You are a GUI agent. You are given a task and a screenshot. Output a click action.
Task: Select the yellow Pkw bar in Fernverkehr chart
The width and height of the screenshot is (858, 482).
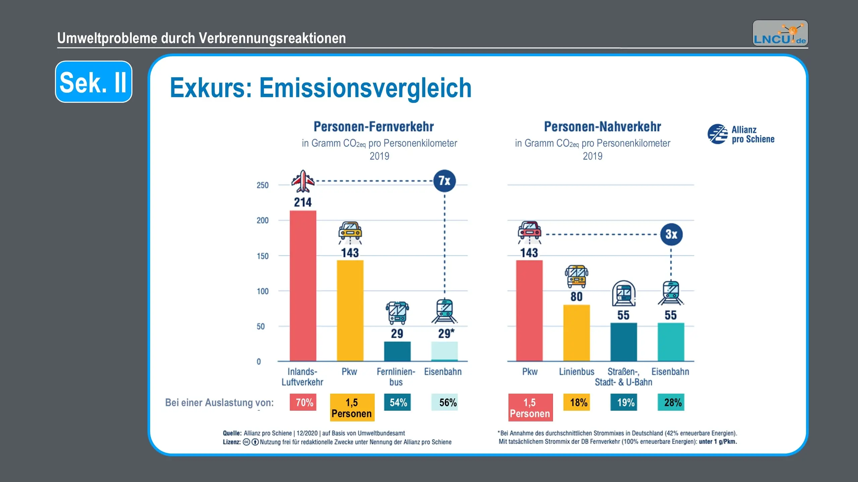click(x=350, y=310)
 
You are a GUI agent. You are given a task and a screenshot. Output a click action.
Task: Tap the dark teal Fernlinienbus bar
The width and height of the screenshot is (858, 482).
click(x=397, y=351)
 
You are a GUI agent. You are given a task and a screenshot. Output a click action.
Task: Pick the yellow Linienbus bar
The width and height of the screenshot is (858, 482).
click(x=576, y=333)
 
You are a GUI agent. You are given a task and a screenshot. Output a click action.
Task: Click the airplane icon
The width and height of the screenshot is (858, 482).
click(x=303, y=181)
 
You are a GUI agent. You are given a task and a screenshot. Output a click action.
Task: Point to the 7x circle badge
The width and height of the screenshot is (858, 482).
click(x=444, y=181)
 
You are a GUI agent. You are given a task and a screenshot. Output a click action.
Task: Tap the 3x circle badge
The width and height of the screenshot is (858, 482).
click(x=671, y=234)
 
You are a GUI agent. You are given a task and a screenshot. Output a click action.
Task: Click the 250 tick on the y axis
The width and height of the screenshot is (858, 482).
click(x=262, y=185)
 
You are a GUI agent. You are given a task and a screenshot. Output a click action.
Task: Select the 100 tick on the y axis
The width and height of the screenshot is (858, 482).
click(x=262, y=291)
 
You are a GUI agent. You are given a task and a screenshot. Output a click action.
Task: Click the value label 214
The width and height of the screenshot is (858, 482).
click(x=303, y=203)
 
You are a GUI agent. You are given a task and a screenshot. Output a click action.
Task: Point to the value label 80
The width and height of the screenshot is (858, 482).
click(x=576, y=297)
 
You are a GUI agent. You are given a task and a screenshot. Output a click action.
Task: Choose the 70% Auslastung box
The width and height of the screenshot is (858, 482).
click(x=303, y=402)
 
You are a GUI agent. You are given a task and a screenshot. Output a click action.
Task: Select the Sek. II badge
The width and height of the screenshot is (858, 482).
click(x=94, y=82)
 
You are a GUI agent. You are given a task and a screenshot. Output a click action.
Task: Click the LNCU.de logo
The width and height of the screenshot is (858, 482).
click(x=780, y=33)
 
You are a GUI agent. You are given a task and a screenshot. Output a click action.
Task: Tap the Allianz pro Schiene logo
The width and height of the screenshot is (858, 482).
click(x=741, y=134)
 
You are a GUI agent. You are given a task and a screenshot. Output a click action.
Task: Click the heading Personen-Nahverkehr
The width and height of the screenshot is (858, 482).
click(x=602, y=127)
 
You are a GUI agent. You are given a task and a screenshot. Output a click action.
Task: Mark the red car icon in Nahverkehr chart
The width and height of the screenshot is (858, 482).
click(x=529, y=230)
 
